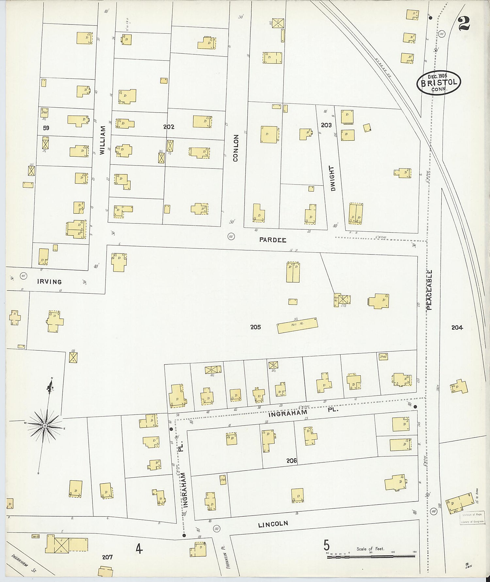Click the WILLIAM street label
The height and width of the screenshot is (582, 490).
pyautogui.click(x=103, y=140)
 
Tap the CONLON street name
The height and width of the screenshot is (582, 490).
pyautogui.click(x=236, y=148)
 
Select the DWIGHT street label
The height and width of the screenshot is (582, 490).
pyautogui.click(x=333, y=178)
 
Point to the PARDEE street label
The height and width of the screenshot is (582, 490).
pyautogui.click(x=273, y=240)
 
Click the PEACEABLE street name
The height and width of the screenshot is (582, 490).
pyautogui.click(x=429, y=290)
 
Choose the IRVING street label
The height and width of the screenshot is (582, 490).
pyautogui.click(x=49, y=282)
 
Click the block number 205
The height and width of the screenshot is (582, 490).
pyautogui.click(x=255, y=327)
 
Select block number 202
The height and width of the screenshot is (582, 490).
pyautogui.click(x=169, y=127)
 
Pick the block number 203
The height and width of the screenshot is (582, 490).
pyautogui.click(x=326, y=125)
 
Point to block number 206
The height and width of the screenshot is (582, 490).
pyautogui.click(x=291, y=461)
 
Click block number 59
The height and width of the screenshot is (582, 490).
pyautogui.click(x=46, y=128)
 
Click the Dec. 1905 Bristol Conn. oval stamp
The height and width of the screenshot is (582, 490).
pyautogui.click(x=439, y=83)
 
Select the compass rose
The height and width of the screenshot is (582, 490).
pyautogui.click(x=45, y=425)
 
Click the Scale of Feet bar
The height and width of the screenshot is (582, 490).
pyautogui.click(x=371, y=556)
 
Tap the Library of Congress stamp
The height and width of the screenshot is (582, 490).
pyautogui.click(x=472, y=518)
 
